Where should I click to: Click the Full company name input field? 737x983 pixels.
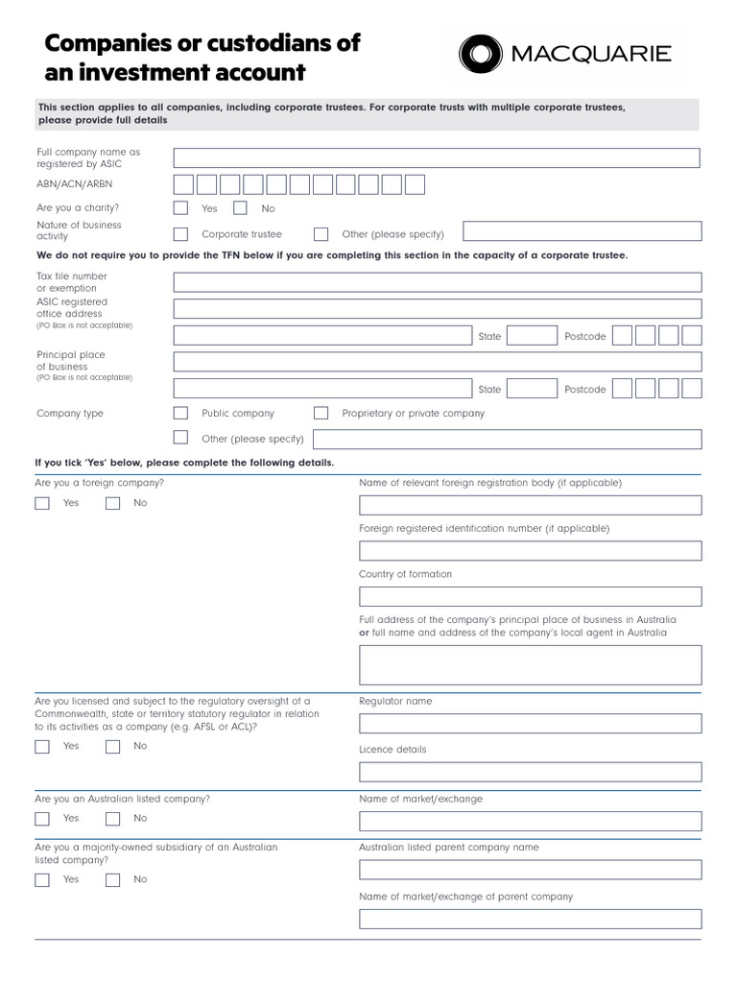pos(437,158)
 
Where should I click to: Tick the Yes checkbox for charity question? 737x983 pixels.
pos(180,207)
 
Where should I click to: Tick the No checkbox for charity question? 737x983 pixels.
pos(240,207)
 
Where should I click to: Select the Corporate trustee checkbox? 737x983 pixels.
pos(180,233)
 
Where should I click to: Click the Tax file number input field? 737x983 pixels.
pos(437,282)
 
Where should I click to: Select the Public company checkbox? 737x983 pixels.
pos(180,413)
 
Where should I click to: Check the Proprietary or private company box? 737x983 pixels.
pos(321,413)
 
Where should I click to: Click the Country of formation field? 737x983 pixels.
pos(530,596)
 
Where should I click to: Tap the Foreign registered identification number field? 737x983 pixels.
pos(530,551)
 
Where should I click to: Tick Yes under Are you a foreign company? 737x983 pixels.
pos(42,503)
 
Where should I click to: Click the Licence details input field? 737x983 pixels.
pos(530,772)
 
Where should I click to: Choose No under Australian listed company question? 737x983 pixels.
pos(113,819)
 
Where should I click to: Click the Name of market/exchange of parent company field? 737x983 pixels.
pos(530,919)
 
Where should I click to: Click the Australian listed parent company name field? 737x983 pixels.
pos(530,870)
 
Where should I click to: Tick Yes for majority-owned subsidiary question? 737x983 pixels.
pos(42,879)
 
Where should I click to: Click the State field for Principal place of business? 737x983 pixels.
pos(532,389)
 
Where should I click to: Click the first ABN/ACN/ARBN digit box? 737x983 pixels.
pos(184,184)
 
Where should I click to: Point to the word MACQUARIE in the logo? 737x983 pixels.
pos(591,54)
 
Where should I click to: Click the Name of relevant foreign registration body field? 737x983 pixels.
pos(530,505)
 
